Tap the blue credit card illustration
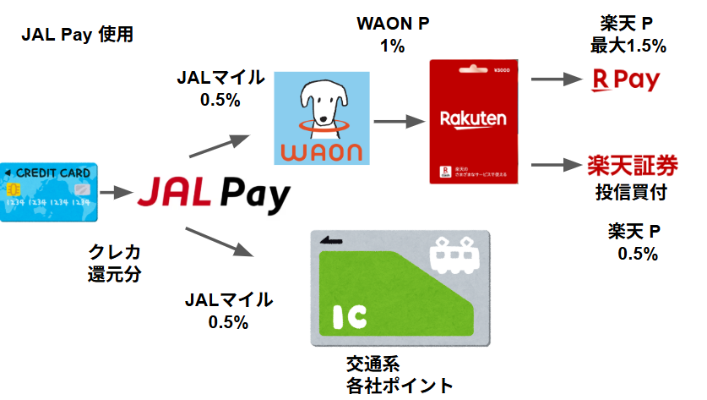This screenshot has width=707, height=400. point(49,192)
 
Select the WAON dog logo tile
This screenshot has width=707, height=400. point(322,118)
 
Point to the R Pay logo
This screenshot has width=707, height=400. point(624,81)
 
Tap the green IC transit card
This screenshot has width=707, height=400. point(399,287)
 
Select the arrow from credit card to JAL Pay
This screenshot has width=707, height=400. point(113,193)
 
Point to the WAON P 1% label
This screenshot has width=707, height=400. point(392,34)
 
